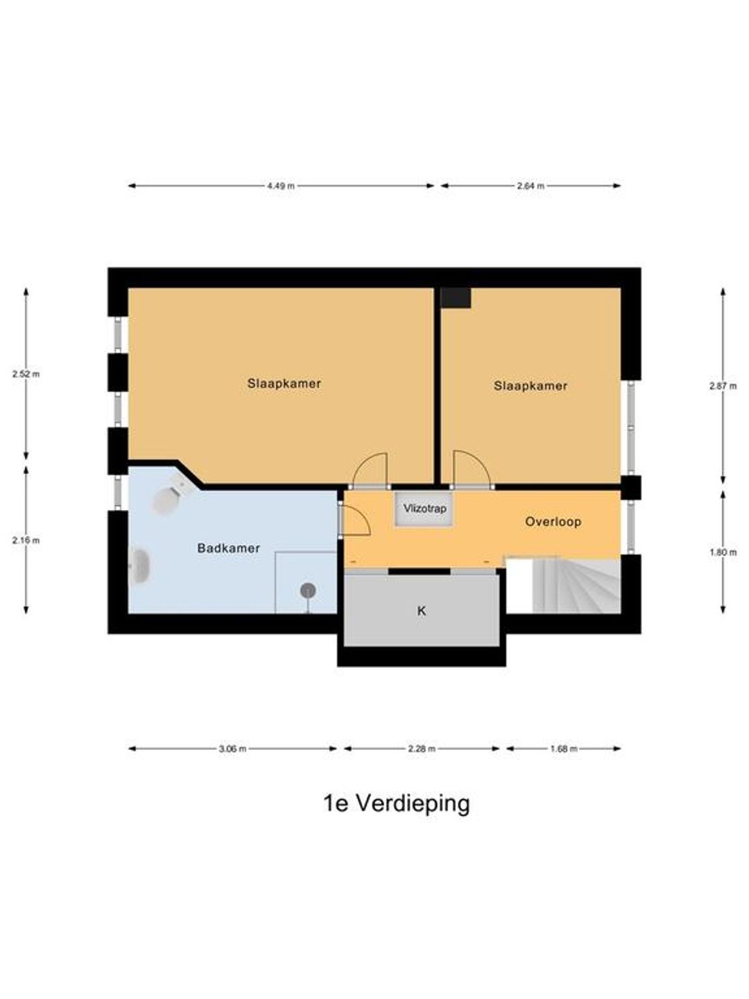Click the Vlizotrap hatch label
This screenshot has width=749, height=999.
pyautogui.click(x=424, y=509)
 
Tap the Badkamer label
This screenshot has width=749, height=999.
pyautogui.click(x=228, y=549)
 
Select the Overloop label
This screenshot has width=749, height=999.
pyautogui.click(x=553, y=522)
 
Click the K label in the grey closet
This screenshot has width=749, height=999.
pyautogui.click(x=422, y=610)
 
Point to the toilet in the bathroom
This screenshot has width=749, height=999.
pyautogui.click(x=170, y=497)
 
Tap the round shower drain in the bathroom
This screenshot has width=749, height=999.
pyautogui.click(x=309, y=591)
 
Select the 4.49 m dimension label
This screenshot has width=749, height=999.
pyautogui.click(x=281, y=186)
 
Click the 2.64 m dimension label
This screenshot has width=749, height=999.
pyautogui.click(x=531, y=186)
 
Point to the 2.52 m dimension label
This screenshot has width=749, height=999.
pyautogui.click(x=26, y=374)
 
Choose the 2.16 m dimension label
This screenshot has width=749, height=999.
pyautogui.click(x=26, y=540)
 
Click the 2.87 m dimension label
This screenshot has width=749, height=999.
pyautogui.click(x=723, y=386)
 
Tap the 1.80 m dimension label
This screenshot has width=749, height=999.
pyautogui.click(x=723, y=552)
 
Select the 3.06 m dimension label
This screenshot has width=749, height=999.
pyautogui.click(x=232, y=749)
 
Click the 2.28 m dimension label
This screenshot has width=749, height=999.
pyautogui.click(x=422, y=749)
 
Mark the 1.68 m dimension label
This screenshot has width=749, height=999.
pyautogui.click(x=563, y=749)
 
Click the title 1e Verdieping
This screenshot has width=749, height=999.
pyautogui.click(x=397, y=804)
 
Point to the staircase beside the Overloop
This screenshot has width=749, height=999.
pyautogui.click(x=576, y=585)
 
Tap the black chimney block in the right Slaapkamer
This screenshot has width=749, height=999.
pyautogui.click(x=456, y=298)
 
